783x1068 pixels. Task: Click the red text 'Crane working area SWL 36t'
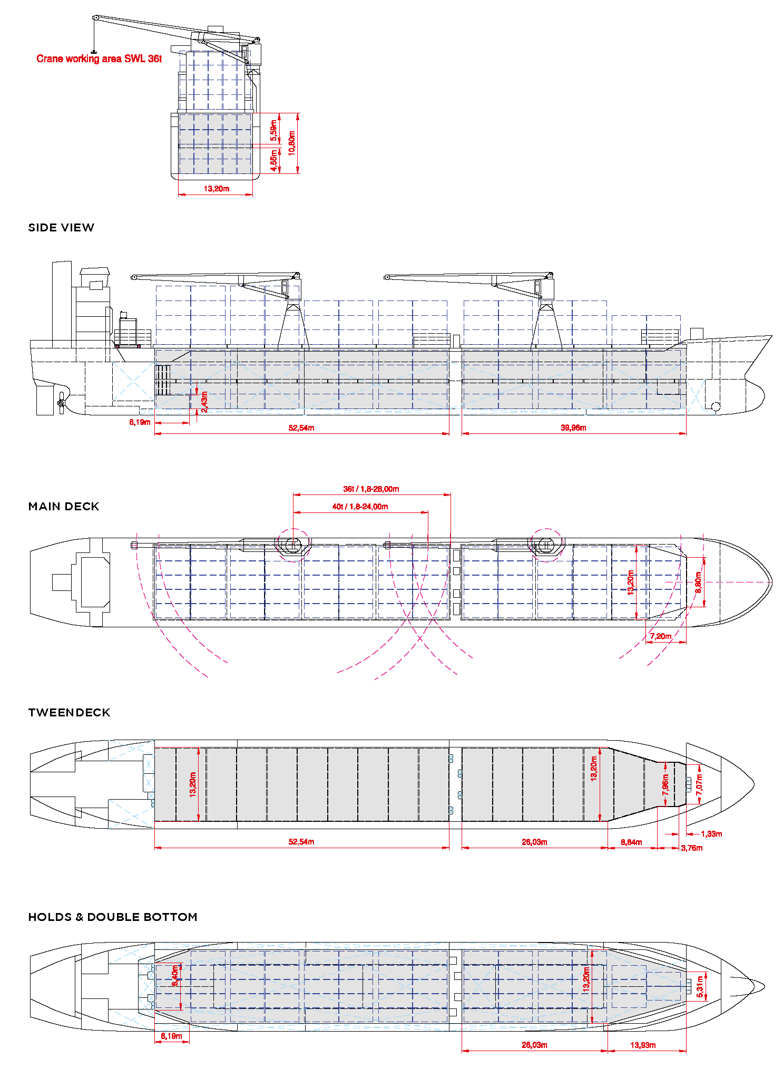99,59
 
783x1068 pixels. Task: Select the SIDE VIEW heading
61,228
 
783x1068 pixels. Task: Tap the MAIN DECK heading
64,507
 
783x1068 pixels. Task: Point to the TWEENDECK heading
69,713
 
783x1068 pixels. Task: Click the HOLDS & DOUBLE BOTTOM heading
113,917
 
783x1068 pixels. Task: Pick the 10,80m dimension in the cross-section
292,143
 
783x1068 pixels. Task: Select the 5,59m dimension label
273,130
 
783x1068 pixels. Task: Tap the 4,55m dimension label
273,160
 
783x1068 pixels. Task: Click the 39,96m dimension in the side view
573,428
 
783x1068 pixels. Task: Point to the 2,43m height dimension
204,401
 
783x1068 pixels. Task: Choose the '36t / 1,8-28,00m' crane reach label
371,489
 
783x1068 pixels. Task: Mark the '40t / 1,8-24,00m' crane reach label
360,507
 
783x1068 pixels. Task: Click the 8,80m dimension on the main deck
698,582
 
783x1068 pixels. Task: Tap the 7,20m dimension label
660,636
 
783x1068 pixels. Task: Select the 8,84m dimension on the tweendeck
631,842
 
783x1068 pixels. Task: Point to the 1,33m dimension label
711,834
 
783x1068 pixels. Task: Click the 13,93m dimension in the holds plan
643,1045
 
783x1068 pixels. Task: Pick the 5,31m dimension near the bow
700,987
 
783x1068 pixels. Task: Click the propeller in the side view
61,403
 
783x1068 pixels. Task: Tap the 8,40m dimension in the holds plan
175,975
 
